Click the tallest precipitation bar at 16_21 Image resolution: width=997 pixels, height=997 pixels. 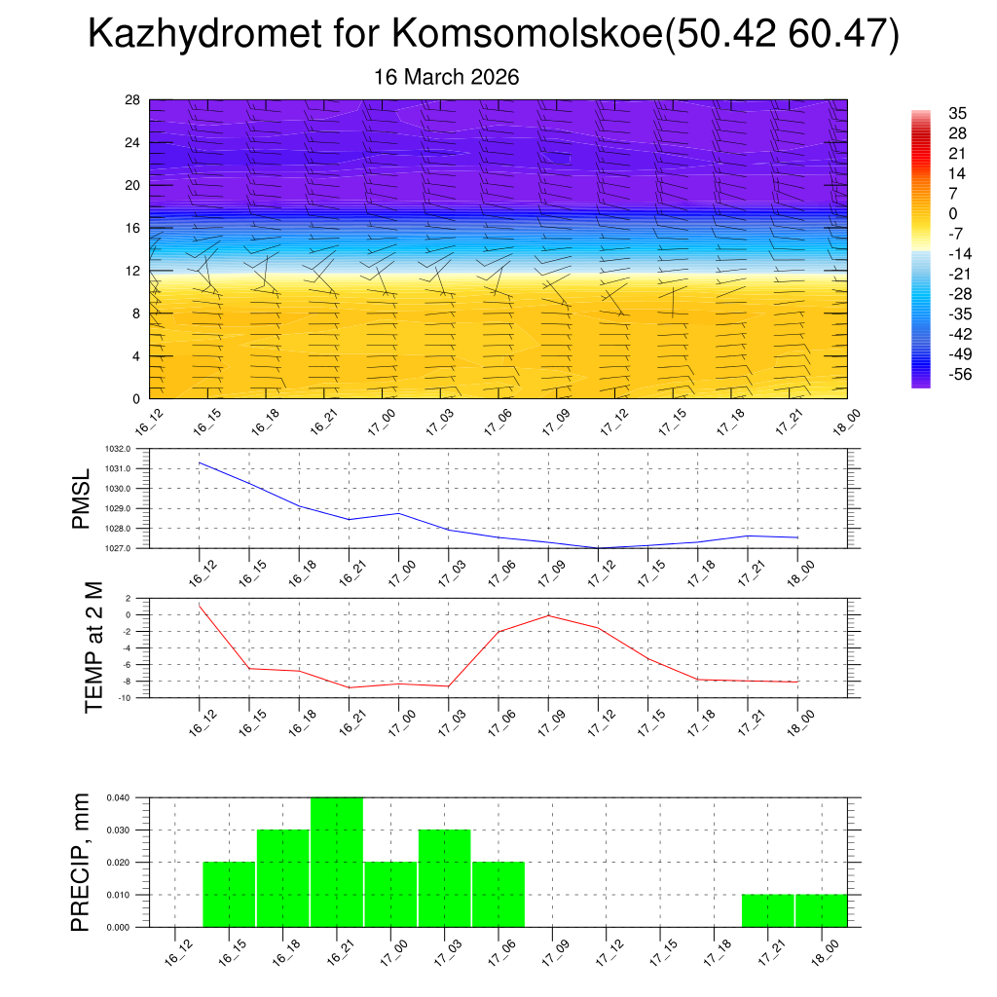click(337, 862)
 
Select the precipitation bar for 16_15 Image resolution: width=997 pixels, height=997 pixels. click(229, 894)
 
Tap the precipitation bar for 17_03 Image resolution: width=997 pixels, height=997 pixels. click(445, 877)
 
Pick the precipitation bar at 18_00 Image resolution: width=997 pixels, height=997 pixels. click(821, 909)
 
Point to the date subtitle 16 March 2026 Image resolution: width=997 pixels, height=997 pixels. click(447, 77)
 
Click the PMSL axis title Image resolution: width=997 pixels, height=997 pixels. click(81, 498)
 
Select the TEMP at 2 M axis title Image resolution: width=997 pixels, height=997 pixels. click(93, 647)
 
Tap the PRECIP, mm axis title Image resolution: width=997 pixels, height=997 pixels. click(82, 862)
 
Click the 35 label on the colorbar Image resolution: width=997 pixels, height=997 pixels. click(958, 113)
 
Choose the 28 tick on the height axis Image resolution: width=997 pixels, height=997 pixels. click(132, 100)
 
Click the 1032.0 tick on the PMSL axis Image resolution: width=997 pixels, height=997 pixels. click(129, 449)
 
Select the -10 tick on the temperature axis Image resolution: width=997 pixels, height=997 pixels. click(127, 698)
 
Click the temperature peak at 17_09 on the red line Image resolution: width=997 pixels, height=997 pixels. click(548, 615)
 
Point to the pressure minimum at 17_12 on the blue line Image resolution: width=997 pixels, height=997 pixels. click(599, 548)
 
